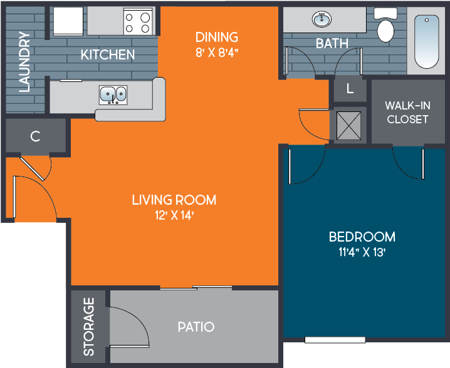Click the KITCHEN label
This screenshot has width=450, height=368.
point(108,54)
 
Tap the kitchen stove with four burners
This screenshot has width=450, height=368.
point(137,22)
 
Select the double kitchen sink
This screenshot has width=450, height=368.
point(113,95)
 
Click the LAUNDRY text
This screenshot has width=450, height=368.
point(24,61)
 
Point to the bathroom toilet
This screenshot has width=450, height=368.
point(384,27)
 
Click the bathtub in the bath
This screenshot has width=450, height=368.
point(426,41)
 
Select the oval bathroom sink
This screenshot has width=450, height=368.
point(323,19)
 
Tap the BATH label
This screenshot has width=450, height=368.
point(332,44)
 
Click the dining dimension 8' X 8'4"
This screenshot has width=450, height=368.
point(217,52)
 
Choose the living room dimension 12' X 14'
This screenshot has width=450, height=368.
point(174,216)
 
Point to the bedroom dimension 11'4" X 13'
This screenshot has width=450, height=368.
point(362,253)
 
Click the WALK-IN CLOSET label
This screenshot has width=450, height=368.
point(407,112)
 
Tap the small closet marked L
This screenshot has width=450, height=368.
point(350,89)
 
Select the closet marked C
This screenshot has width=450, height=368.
point(36,135)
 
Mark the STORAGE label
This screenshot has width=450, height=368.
point(89,327)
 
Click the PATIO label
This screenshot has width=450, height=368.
point(196,327)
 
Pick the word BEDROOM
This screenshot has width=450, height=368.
point(362,237)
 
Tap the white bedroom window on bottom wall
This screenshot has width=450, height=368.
point(335,340)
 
